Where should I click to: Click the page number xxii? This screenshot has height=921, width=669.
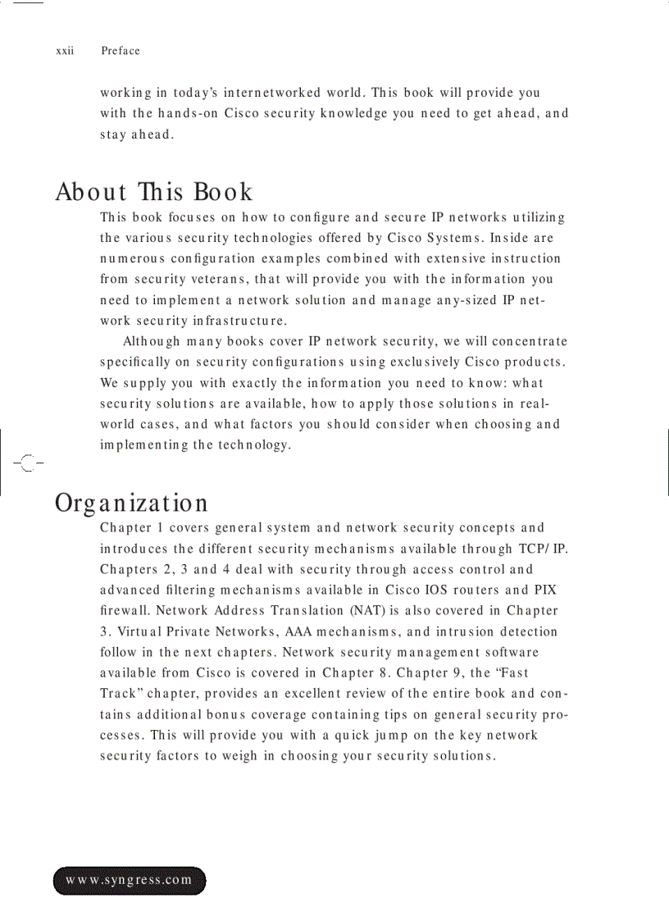point(65,51)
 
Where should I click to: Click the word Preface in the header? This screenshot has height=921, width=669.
point(121,51)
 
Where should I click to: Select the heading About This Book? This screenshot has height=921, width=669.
point(154,192)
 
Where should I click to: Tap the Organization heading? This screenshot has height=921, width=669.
point(131,502)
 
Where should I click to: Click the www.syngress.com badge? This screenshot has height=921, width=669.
point(130,880)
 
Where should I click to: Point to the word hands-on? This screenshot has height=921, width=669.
point(189,113)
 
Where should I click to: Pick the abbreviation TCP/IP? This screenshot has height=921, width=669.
point(543,549)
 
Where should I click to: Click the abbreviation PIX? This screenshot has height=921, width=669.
point(545,590)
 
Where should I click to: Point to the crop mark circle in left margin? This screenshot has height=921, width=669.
point(28,463)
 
